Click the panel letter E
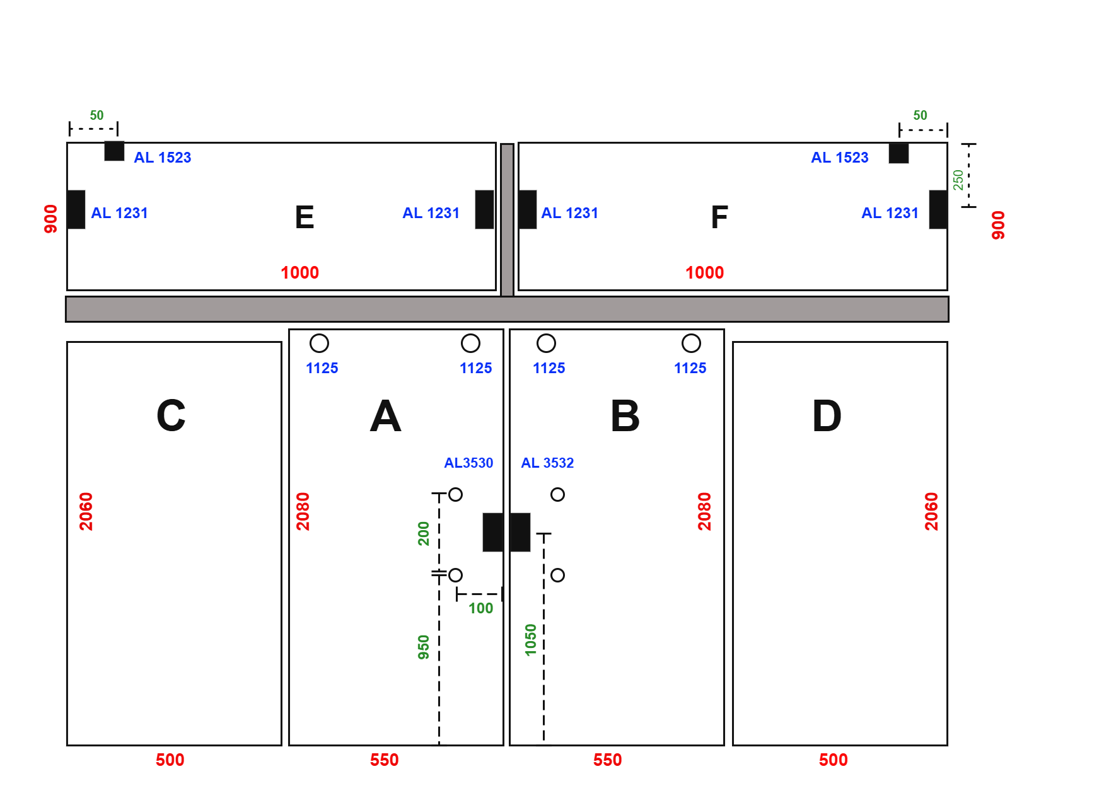point(305,217)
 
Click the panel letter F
point(719,217)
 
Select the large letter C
point(171,416)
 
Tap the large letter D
point(827,416)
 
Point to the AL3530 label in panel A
point(468,463)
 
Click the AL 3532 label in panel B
point(547,463)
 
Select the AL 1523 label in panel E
point(163,158)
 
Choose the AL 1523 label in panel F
point(840,158)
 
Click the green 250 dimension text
point(958,180)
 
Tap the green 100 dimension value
point(480,608)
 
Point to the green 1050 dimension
point(531,640)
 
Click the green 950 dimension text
point(424,647)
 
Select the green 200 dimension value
point(424,533)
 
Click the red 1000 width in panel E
point(299,273)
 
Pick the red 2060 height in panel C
point(86,511)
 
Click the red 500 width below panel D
point(834,760)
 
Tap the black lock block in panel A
point(493,532)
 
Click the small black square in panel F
point(898,153)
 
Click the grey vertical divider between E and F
point(507,220)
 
